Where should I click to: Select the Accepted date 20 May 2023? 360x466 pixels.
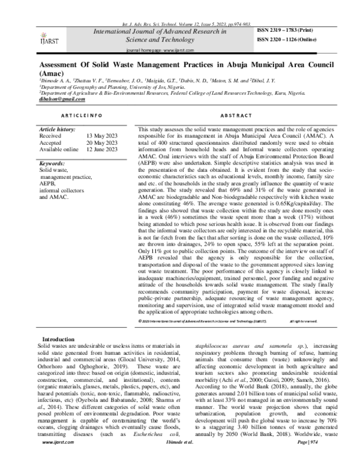tap(101, 143)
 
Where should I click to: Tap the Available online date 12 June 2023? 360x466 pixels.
tap(101, 150)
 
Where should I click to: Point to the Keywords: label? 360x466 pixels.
tap(52, 163)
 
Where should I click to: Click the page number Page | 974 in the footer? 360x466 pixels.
tap(306, 457)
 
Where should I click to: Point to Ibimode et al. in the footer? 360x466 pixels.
tap(181, 457)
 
